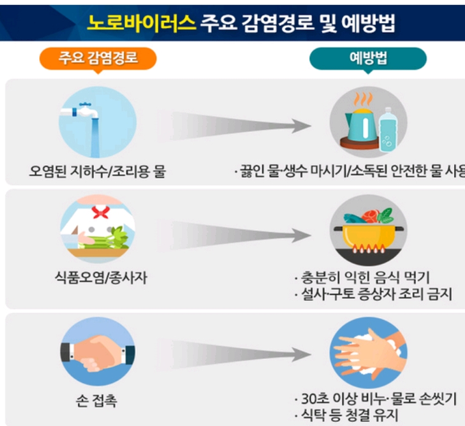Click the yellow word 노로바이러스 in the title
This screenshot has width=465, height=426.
pyautogui.click(x=142, y=23)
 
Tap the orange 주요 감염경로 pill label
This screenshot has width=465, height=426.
pyautogui.click(x=98, y=58)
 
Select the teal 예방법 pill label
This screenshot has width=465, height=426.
pyautogui.click(x=368, y=58)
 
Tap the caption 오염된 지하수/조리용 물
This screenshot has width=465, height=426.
pyautogui.click(x=97, y=172)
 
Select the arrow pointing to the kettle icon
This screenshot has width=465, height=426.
pyautogui.click(x=235, y=126)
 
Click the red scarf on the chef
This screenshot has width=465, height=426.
pyautogui.click(x=101, y=212)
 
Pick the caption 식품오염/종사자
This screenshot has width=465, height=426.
pyautogui.click(x=101, y=278)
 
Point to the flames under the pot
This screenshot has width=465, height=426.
pyautogui.click(x=369, y=250)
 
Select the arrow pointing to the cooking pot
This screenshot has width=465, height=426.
pyautogui.click(x=235, y=236)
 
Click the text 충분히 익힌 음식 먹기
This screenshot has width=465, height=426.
pyautogui.click(x=365, y=278)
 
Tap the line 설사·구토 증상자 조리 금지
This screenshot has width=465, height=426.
pyautogui.click(x=376, y=295)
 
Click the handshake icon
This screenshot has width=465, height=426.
pyautogui.click(x=98, y=351)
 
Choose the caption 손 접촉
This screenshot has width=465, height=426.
pyautogui.click(x=96, y=401)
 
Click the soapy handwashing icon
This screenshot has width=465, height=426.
pyautogui.click(x=369, y=352)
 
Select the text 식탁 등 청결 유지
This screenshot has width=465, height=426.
pyautogui.click(x=349, y=415)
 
